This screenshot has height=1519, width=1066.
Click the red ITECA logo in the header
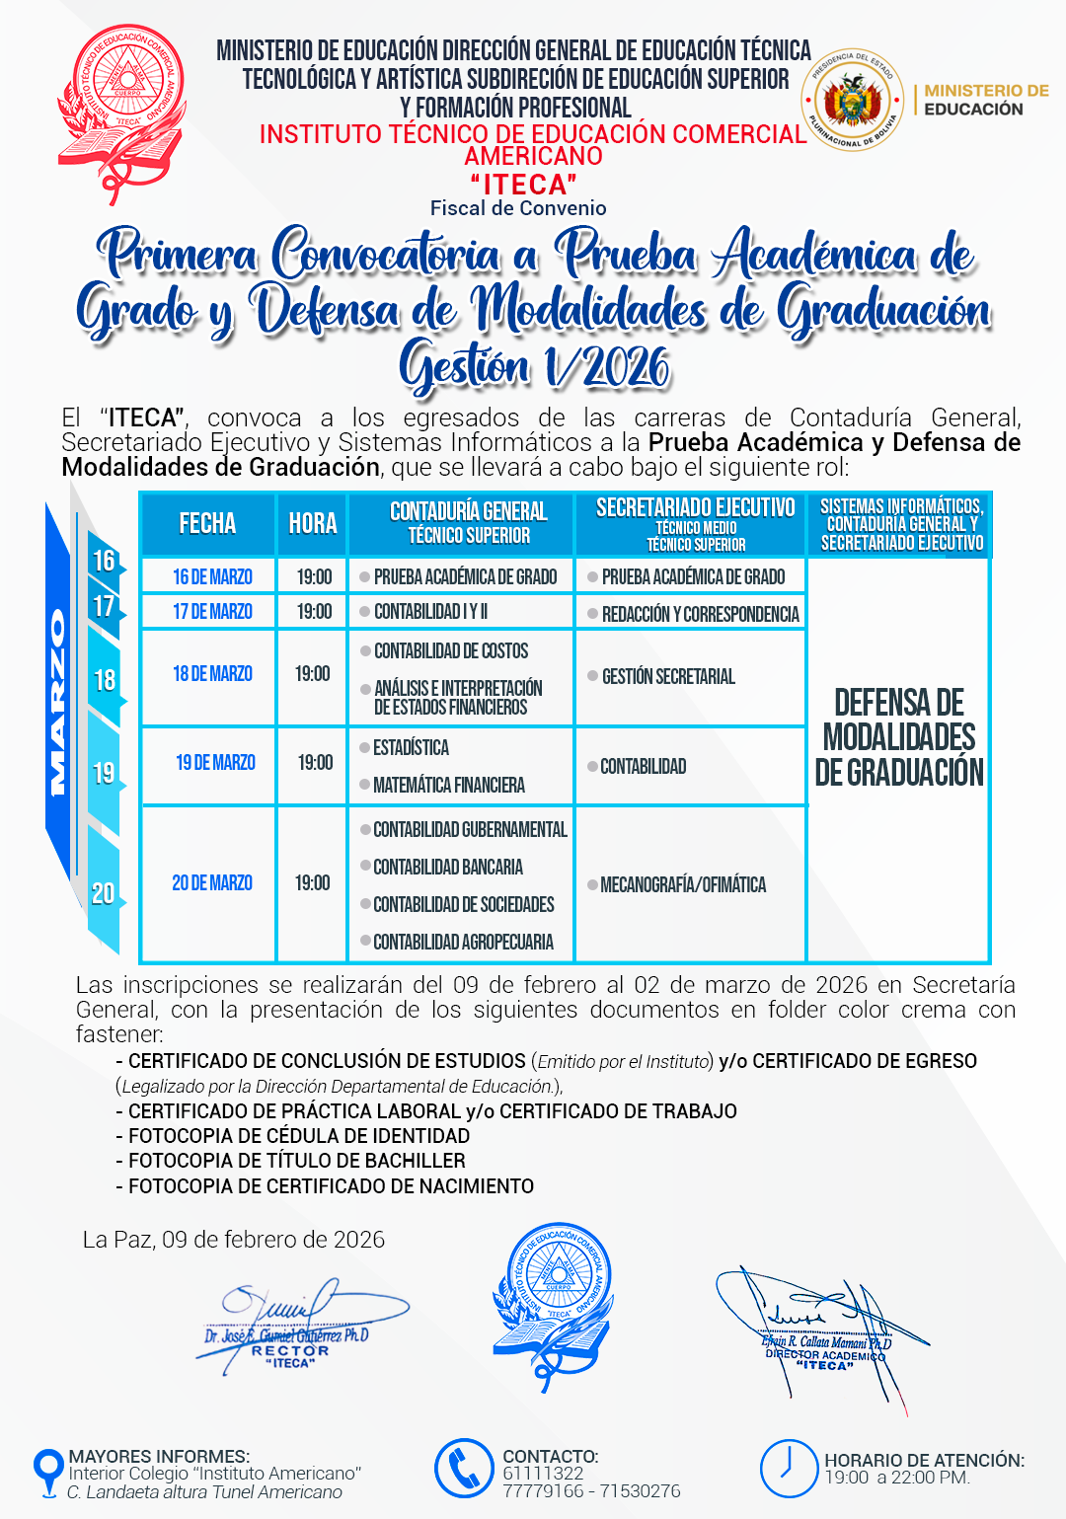[x=120, y=111]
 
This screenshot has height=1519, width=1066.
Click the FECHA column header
[x=207, y=524]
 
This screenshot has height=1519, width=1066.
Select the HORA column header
[x=313, y=524]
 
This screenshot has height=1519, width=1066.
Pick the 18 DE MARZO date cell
[x=212, y=674]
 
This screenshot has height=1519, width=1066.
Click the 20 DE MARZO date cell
[x=212, y=883]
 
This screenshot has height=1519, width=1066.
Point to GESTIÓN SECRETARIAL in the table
[x=668, y=677]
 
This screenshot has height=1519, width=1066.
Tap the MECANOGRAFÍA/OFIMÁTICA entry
[x=682, y=885]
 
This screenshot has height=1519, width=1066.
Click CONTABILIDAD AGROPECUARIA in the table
[x=463, y=943]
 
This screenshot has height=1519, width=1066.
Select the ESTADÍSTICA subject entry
[x=411, y=748]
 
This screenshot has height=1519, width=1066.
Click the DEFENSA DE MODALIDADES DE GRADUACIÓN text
[x=899, y=737]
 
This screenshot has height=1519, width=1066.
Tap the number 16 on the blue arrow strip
[x=104, y=562]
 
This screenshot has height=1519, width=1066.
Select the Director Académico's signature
[x=819, y=1328]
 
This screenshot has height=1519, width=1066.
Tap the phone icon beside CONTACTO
[x=464, y=1469]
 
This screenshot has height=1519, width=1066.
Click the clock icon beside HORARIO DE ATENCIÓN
[x=789, y=1469]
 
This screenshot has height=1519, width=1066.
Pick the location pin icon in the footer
[x=47, y=1471]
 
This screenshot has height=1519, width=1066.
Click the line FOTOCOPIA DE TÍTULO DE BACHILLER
[x=296, y=1162]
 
